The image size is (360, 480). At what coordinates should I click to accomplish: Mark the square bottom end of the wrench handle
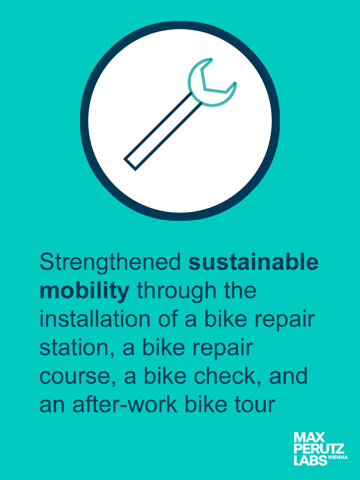pos(129,164)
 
